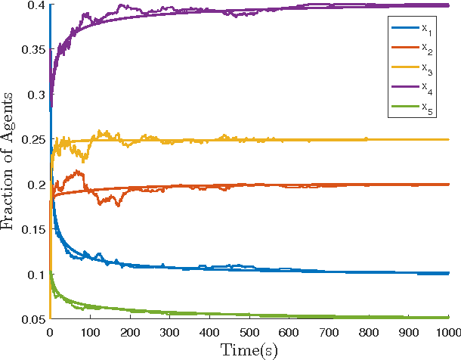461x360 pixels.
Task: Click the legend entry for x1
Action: [x=414, y=29]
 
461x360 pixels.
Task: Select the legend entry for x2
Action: [x=414, y=50]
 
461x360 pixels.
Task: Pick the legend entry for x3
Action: [x=414, y=70]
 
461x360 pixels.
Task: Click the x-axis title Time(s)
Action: [x=249, y=349]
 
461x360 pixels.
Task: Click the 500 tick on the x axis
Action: [x=249, y=332]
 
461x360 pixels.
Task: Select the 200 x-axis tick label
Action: [x=129, y=332]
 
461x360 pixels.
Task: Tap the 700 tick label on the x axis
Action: [x=330, y=332]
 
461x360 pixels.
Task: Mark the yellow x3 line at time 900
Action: [x=410, y=139]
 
